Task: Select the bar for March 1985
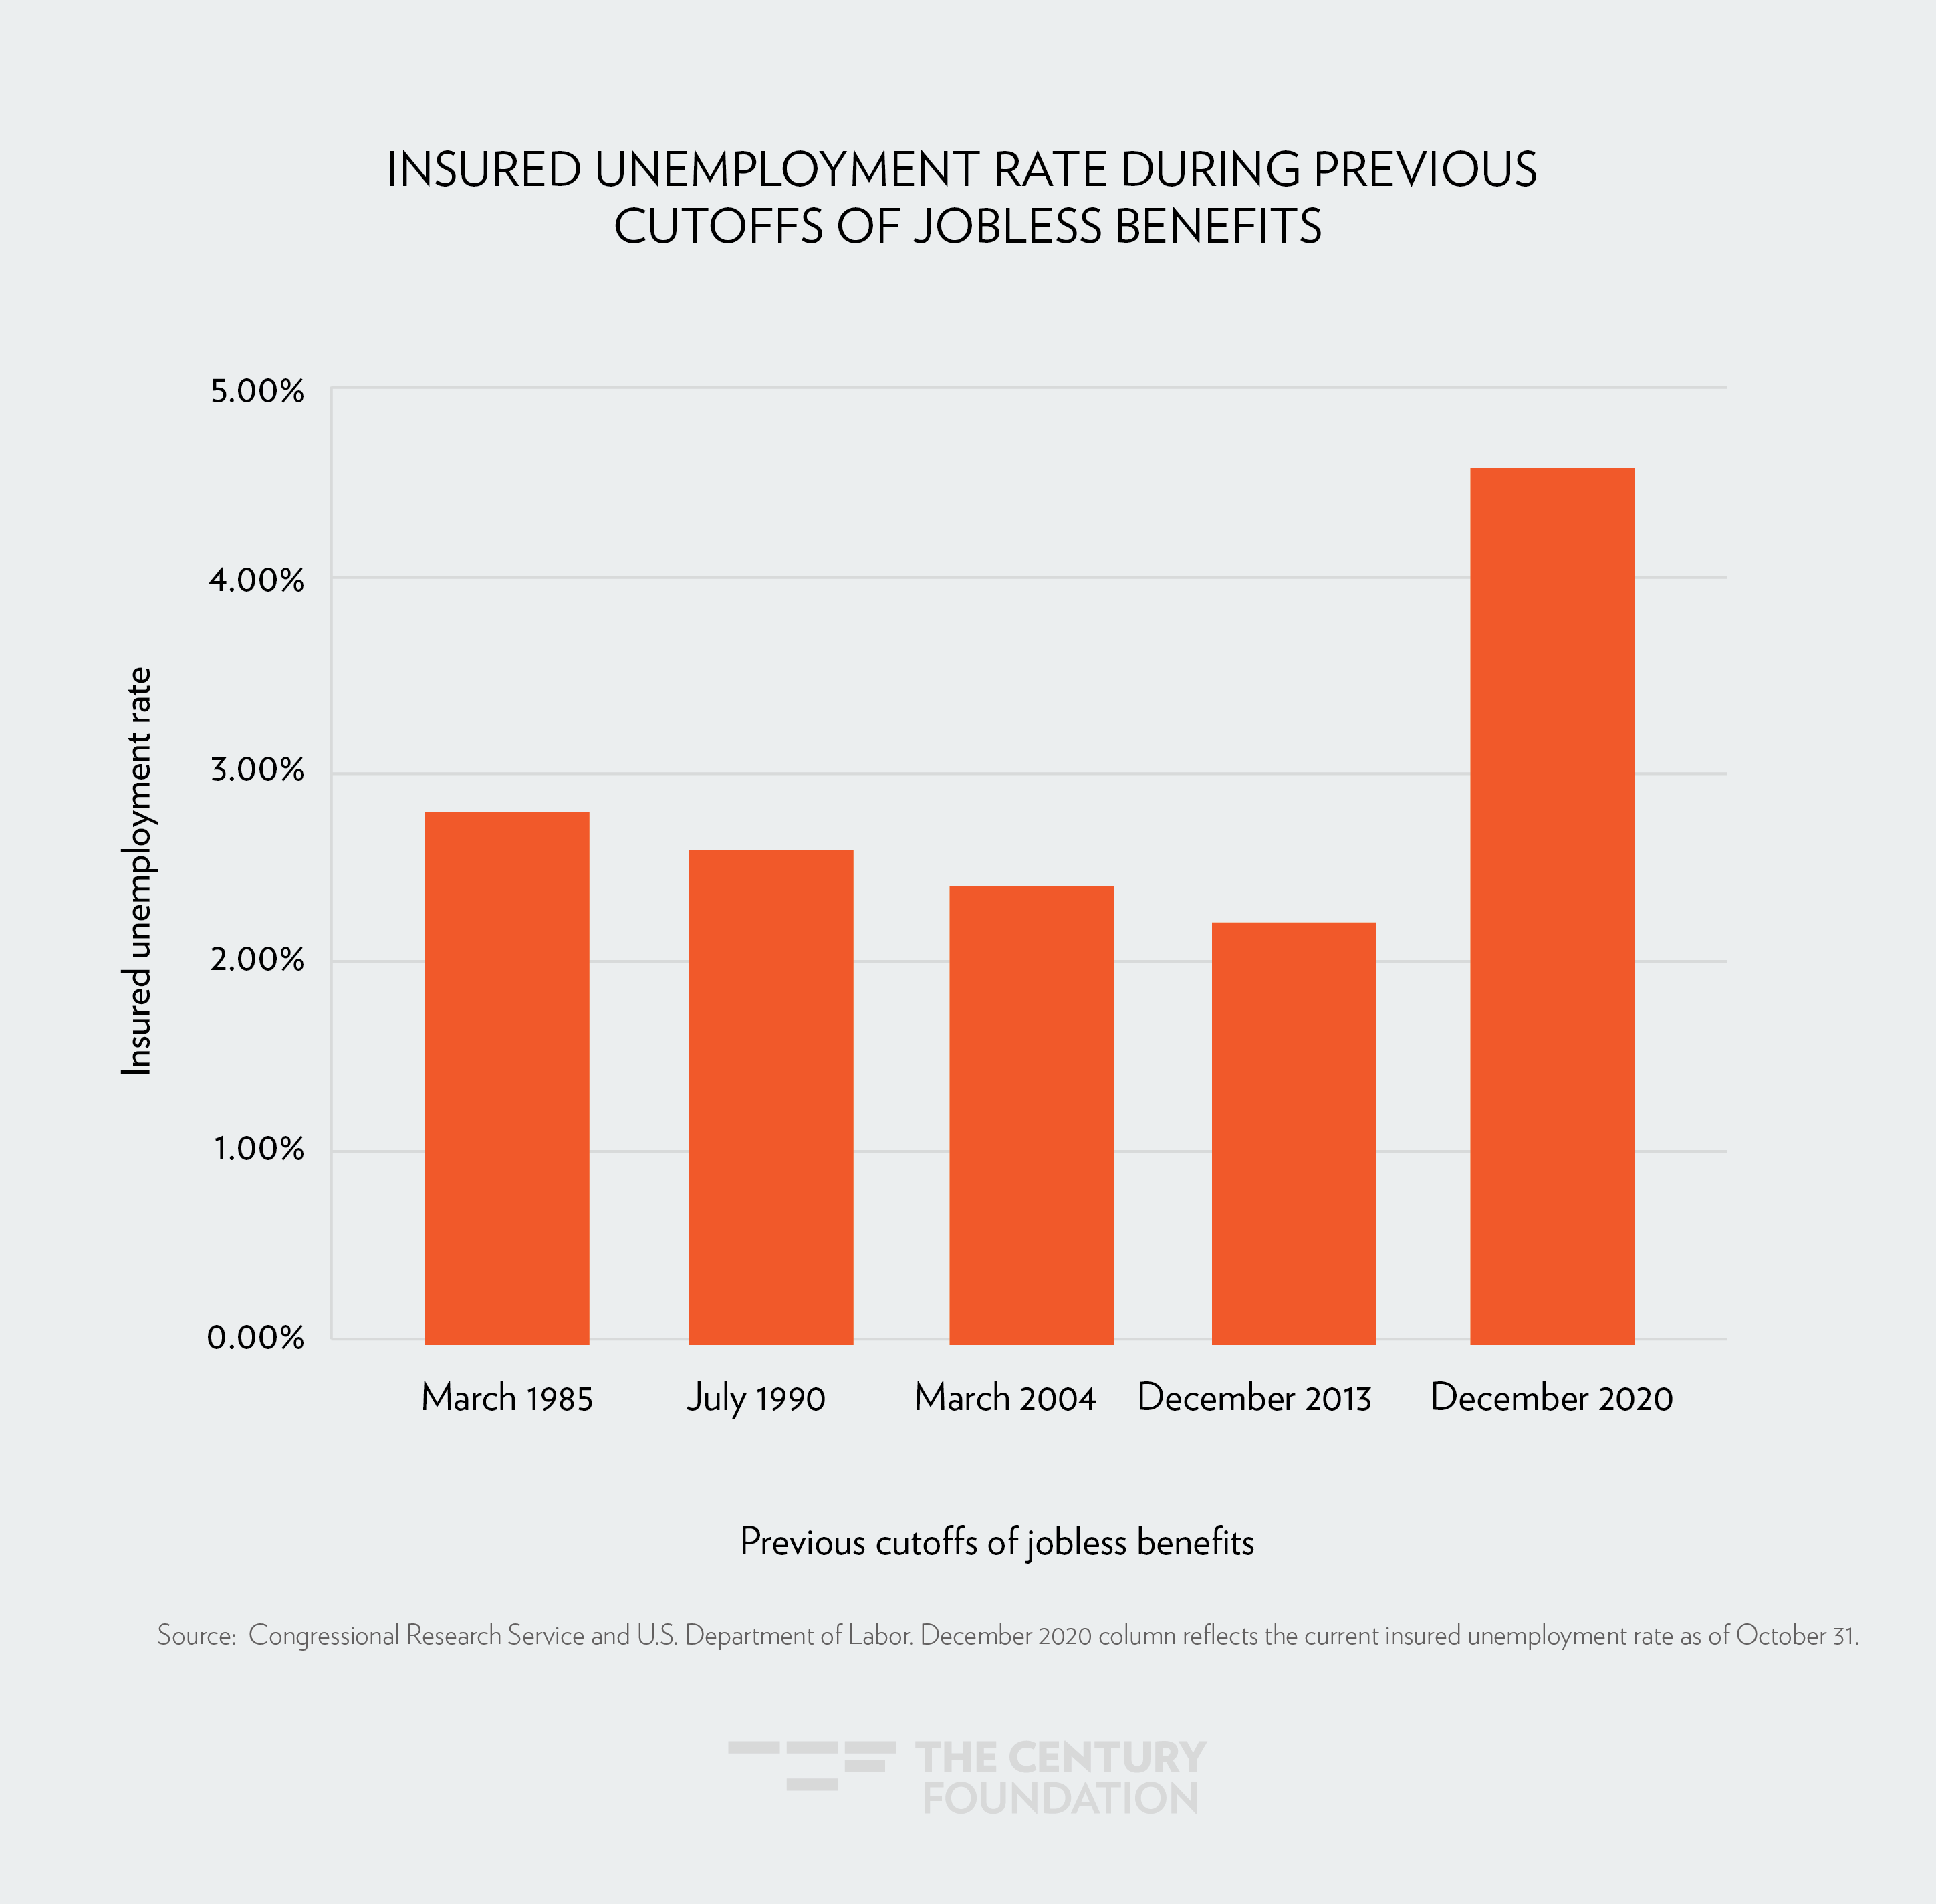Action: tap(507, 1077)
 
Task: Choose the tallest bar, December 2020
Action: tap(1552, 905)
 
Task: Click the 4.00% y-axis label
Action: tap(257, 580)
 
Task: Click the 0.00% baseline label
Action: tap(256, 1338)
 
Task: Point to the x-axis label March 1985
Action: tap(507, 1398)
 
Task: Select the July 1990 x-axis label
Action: tap(756, 1398)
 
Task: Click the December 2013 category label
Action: tap(1254, 1398)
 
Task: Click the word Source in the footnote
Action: tap(195, 1635)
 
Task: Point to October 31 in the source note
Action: tap(1796, 1635)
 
